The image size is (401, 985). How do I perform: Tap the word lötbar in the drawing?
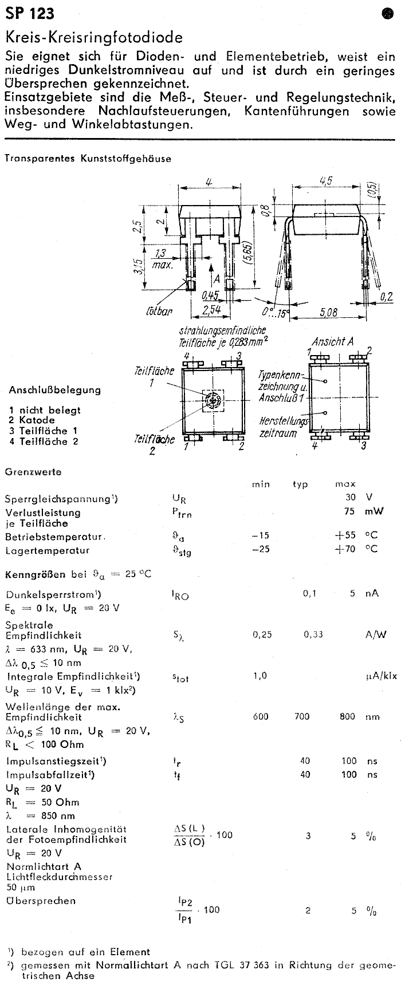159,312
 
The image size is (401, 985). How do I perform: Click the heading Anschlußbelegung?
54,390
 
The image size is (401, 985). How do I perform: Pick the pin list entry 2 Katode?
32,420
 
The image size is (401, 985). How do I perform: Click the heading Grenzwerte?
33,472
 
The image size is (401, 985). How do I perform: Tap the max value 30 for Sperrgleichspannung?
350,497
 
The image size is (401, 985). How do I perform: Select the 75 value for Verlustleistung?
350,511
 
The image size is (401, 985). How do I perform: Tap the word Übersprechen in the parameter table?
41,901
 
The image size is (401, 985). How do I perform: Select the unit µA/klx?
380,676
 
